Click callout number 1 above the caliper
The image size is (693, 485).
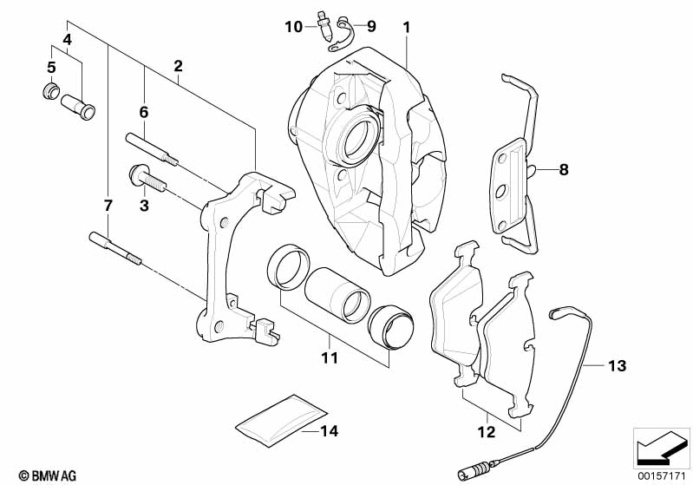pyautogui.click(x=406, y=28)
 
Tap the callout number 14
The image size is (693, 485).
pyautogui.click(x=330, y=430)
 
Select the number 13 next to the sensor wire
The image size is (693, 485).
pyautogui.click(x=617, y=365)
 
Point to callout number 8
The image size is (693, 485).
pyautogui.click(x=564, y=169)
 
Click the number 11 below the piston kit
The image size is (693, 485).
pyautogui.click(x=330, y=357)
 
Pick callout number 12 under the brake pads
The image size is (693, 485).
pyautogui.click(x=487, y=431)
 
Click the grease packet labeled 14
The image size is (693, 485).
pyautogui.click(x=281, y=419)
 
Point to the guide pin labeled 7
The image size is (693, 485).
pyautogui.click(x=114, y=248)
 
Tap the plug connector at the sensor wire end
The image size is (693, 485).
pyautogui.click(x=474, y=466)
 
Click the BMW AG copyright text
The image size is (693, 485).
pyautogui.click(x=48, y=475)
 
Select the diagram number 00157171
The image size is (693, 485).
pyautogui.click(x=662, y=476)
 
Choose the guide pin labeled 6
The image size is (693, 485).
pyautogui.click(x=152, y=148)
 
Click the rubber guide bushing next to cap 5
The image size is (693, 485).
pyautogui.click(x=78, y=107)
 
